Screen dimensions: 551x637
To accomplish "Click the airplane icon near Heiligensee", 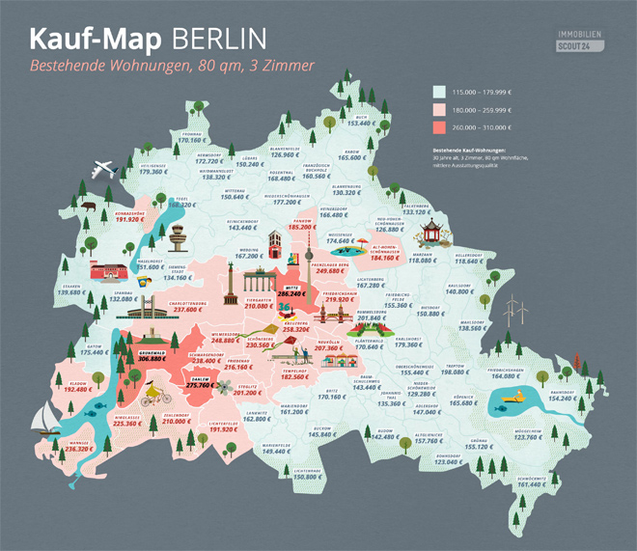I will tap(104, 171).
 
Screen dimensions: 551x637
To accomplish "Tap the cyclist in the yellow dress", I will tap(153, 397).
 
